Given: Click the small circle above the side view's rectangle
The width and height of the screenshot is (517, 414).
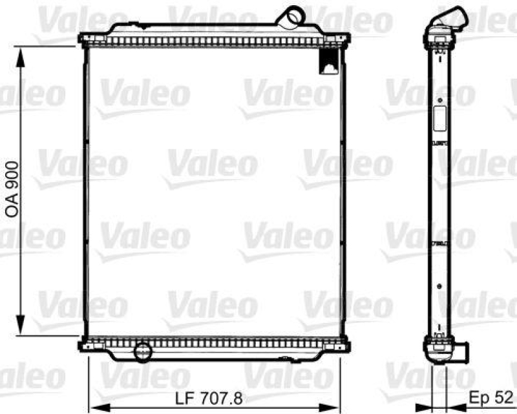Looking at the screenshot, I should click(x=439, y=101).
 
